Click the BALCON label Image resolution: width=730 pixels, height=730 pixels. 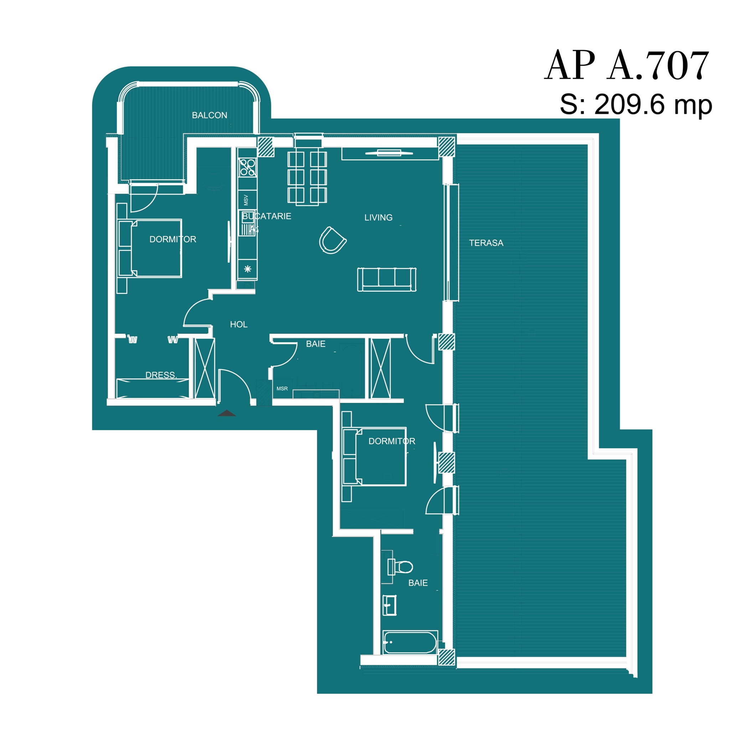tap(209, 115)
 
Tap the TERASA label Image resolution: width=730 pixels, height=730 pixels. tap(486, 243)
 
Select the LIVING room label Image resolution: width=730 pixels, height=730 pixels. tap(378, 218)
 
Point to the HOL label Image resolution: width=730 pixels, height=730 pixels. tap(239, 324)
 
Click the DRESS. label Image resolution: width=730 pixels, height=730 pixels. tap(161, 375)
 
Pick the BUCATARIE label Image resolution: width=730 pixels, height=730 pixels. tap(267, 216)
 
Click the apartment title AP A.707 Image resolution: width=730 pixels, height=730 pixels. tap(627, 65)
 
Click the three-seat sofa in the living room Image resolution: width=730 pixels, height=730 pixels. tap(387, 279)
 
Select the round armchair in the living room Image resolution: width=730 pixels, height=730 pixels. tap(333, 240)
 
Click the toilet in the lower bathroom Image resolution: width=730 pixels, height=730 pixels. tap(400, 566)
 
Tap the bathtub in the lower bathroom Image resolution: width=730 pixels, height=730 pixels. tap(410, 642)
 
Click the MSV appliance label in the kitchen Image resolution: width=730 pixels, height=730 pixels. tap(246, 200)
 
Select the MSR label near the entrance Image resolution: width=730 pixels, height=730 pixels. tap(282, 389)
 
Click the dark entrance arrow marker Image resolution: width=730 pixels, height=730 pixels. tap(227, 413)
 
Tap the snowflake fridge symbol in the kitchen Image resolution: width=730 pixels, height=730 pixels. tap(247, 269)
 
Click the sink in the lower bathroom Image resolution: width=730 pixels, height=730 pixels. tap(389, 605)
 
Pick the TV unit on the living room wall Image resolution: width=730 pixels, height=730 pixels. tap(389, 153)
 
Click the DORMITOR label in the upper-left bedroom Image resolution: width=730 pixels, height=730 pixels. tap(173, 239)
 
